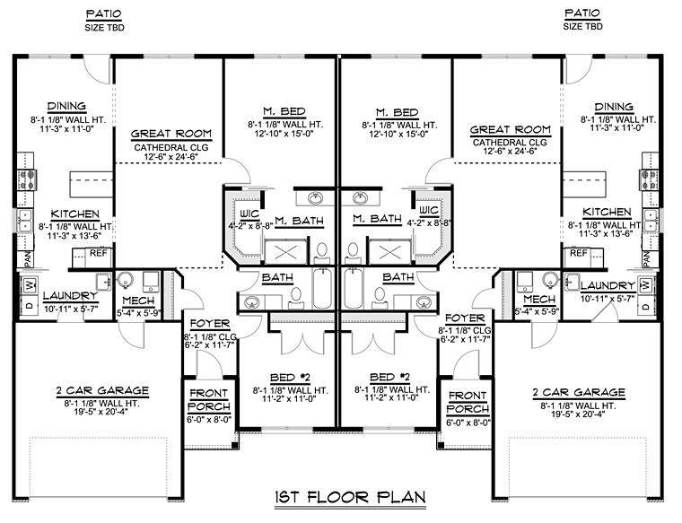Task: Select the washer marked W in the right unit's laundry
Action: tap(645, 285)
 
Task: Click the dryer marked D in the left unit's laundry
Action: tap(28, 308)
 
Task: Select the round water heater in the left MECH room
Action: tap(126, 278)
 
